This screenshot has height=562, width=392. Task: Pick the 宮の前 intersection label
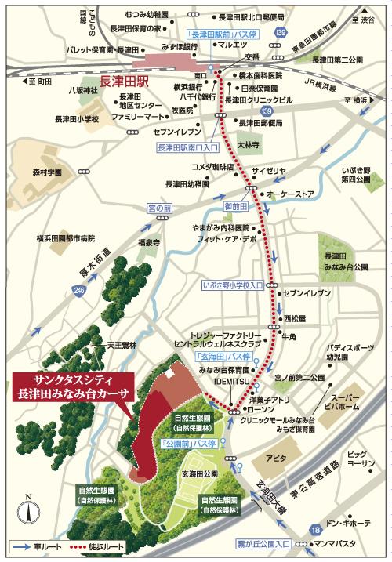coord(160,208)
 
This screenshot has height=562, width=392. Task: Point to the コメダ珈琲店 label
coord(213,168)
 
